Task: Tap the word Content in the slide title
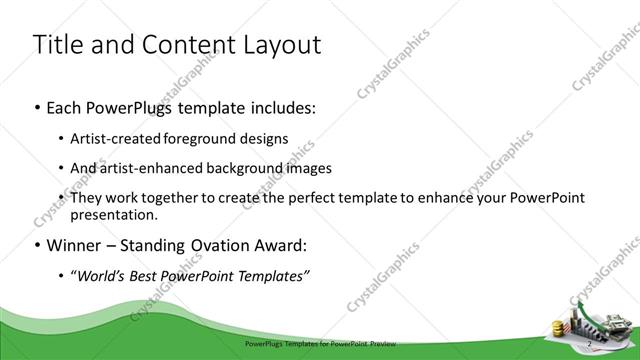189,45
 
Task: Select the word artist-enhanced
157,168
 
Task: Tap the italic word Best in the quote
145,276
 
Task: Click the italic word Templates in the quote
272,276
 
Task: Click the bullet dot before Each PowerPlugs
38,106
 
